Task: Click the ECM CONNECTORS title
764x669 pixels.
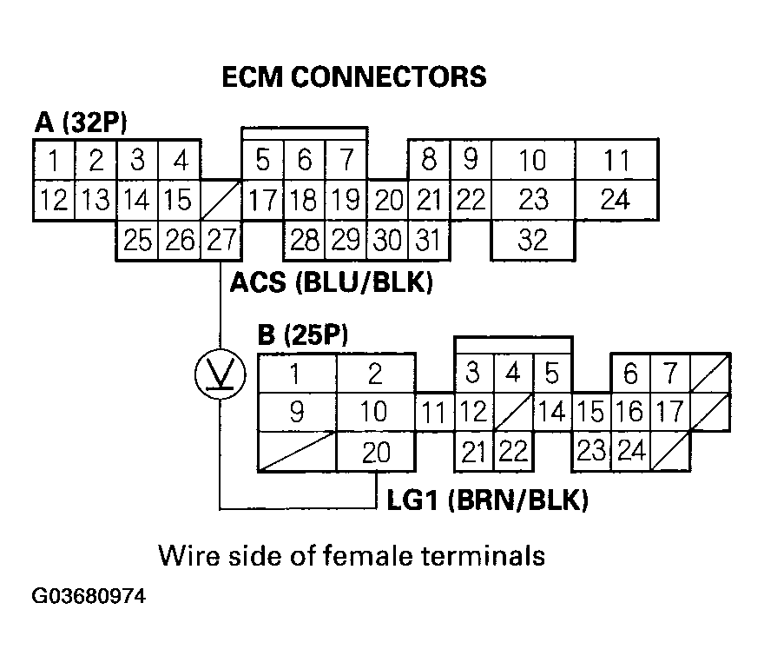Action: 353,76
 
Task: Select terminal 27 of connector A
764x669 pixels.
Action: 220,241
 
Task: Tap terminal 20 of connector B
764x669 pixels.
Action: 375,453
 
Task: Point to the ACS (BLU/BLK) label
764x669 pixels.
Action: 331,283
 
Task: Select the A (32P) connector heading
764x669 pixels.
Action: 80,123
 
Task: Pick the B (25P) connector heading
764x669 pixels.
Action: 302,334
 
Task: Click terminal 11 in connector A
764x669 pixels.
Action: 616,160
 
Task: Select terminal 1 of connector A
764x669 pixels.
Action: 54,160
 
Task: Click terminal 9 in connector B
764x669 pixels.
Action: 297,412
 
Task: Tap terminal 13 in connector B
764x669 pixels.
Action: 513,412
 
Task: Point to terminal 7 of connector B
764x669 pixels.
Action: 668,374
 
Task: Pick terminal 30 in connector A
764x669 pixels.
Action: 388,241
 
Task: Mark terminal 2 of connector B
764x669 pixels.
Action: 375,374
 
